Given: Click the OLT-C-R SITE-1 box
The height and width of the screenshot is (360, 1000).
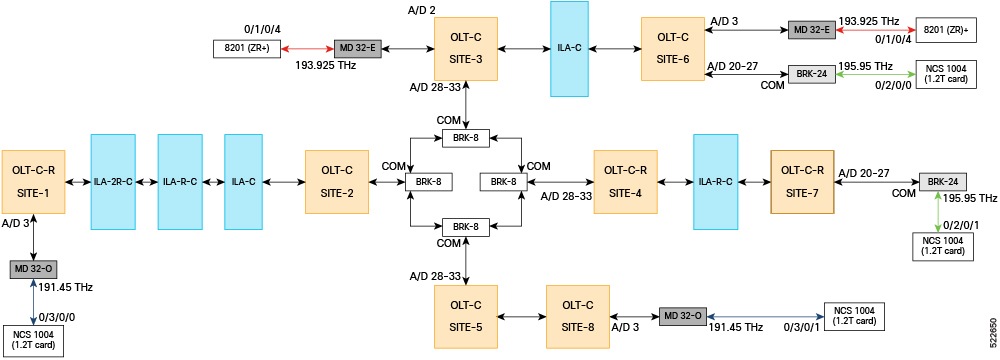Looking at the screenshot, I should [x=34, y=181].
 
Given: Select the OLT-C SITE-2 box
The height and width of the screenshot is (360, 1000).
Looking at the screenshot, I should [x=336, y=181].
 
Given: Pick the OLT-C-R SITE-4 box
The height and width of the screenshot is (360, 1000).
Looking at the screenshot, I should [x=625, y=181].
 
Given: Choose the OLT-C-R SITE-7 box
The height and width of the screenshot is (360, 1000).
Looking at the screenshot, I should [x=803, y=181].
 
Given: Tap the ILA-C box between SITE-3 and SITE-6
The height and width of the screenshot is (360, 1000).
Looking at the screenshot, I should [x=568, y=48].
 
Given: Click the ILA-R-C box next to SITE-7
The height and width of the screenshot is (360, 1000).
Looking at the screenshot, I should [x=716, y=181].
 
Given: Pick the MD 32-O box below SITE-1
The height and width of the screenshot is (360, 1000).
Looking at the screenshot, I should [x=34, y=269].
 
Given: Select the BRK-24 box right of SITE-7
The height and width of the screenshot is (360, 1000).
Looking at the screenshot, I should [x=943, y=181].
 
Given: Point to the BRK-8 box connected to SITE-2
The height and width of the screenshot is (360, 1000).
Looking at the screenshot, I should [x=424, y=181].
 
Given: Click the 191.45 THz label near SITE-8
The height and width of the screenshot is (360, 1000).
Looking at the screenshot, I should [x=735, y=328].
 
